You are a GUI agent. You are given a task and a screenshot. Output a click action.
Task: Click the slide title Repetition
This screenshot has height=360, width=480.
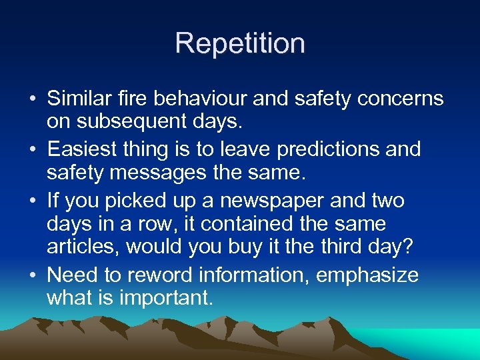240,43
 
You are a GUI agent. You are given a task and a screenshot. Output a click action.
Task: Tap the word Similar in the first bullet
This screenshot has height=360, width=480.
75,99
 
